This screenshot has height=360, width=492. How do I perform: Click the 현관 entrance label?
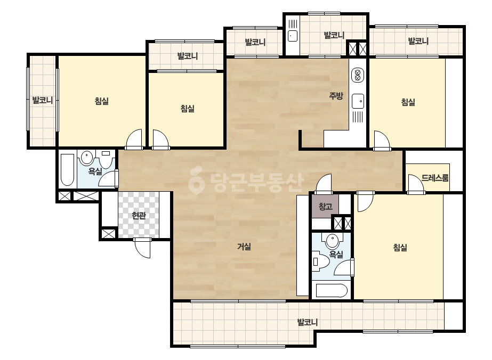[139, 216]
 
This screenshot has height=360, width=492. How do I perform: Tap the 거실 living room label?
[244, 247]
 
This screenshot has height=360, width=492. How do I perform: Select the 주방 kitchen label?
[336, 96]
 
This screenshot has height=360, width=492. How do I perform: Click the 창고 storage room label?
[325, 206]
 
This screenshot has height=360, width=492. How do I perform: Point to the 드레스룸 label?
[435, 178]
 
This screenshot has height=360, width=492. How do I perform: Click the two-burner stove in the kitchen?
[357, 75]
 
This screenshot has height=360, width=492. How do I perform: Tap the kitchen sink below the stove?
[358, 101]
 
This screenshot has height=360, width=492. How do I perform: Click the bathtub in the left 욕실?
[68, 169]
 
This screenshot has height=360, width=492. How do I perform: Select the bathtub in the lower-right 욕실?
[332, 291]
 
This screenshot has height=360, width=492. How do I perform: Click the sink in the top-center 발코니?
[293, 36]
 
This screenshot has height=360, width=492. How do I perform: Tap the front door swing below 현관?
[142, 248]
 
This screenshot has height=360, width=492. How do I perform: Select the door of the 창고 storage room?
[324, 184]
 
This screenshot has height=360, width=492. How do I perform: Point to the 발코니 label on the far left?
[42, 100]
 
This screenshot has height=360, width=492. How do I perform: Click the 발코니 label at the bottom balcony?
[308, 322]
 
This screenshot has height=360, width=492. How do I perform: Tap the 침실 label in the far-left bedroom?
[102, 101]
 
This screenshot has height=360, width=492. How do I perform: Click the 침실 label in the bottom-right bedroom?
[400, 248]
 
